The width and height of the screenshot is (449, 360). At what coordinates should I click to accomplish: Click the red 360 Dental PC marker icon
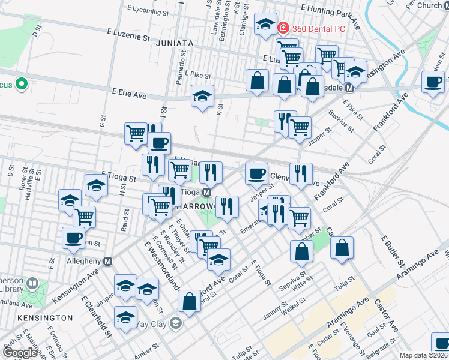click(283, 28)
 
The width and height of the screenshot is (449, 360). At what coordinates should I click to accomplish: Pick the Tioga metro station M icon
click(206, 192)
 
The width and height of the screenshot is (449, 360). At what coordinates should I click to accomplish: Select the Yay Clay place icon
click(175, 325)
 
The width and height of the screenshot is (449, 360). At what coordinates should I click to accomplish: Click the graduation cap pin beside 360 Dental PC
click(264, 25)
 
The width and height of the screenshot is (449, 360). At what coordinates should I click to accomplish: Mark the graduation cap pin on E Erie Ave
click(203, 95)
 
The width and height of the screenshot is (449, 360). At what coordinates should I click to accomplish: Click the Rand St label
click(125, 221)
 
